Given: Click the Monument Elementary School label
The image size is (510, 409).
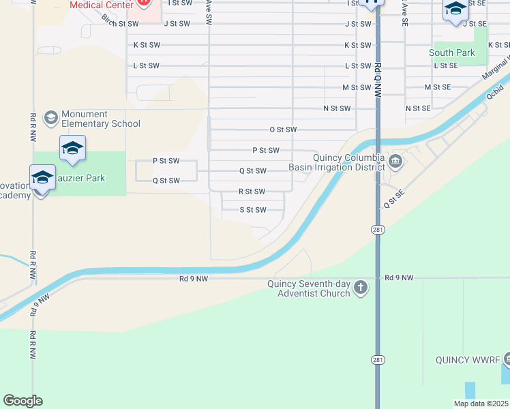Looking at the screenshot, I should [100, 119].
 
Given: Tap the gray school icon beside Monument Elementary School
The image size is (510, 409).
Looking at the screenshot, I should [50, 119].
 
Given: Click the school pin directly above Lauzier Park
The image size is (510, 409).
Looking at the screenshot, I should [73, 149].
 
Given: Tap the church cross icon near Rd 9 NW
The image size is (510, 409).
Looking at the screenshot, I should [361, 288].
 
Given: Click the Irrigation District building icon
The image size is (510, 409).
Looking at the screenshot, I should [396, 162].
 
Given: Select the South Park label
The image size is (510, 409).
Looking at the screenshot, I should [451, 52].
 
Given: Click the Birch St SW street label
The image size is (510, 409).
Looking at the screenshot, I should [120, 23].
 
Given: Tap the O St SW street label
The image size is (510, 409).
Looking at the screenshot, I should [283, 130].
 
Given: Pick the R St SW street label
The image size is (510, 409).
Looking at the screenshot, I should [252, 192].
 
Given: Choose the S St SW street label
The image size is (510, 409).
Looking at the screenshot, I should [252, 210].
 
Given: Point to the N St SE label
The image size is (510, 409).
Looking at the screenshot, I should [418, 108].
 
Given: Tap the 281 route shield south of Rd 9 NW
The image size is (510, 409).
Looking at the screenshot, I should [377, 359].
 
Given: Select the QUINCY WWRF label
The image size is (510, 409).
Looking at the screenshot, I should [468, 359].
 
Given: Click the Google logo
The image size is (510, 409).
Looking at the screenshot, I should [22, 401].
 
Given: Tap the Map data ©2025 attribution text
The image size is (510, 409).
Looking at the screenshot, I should [481, 404].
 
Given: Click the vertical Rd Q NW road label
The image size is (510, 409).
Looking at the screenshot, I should [377, 75].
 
